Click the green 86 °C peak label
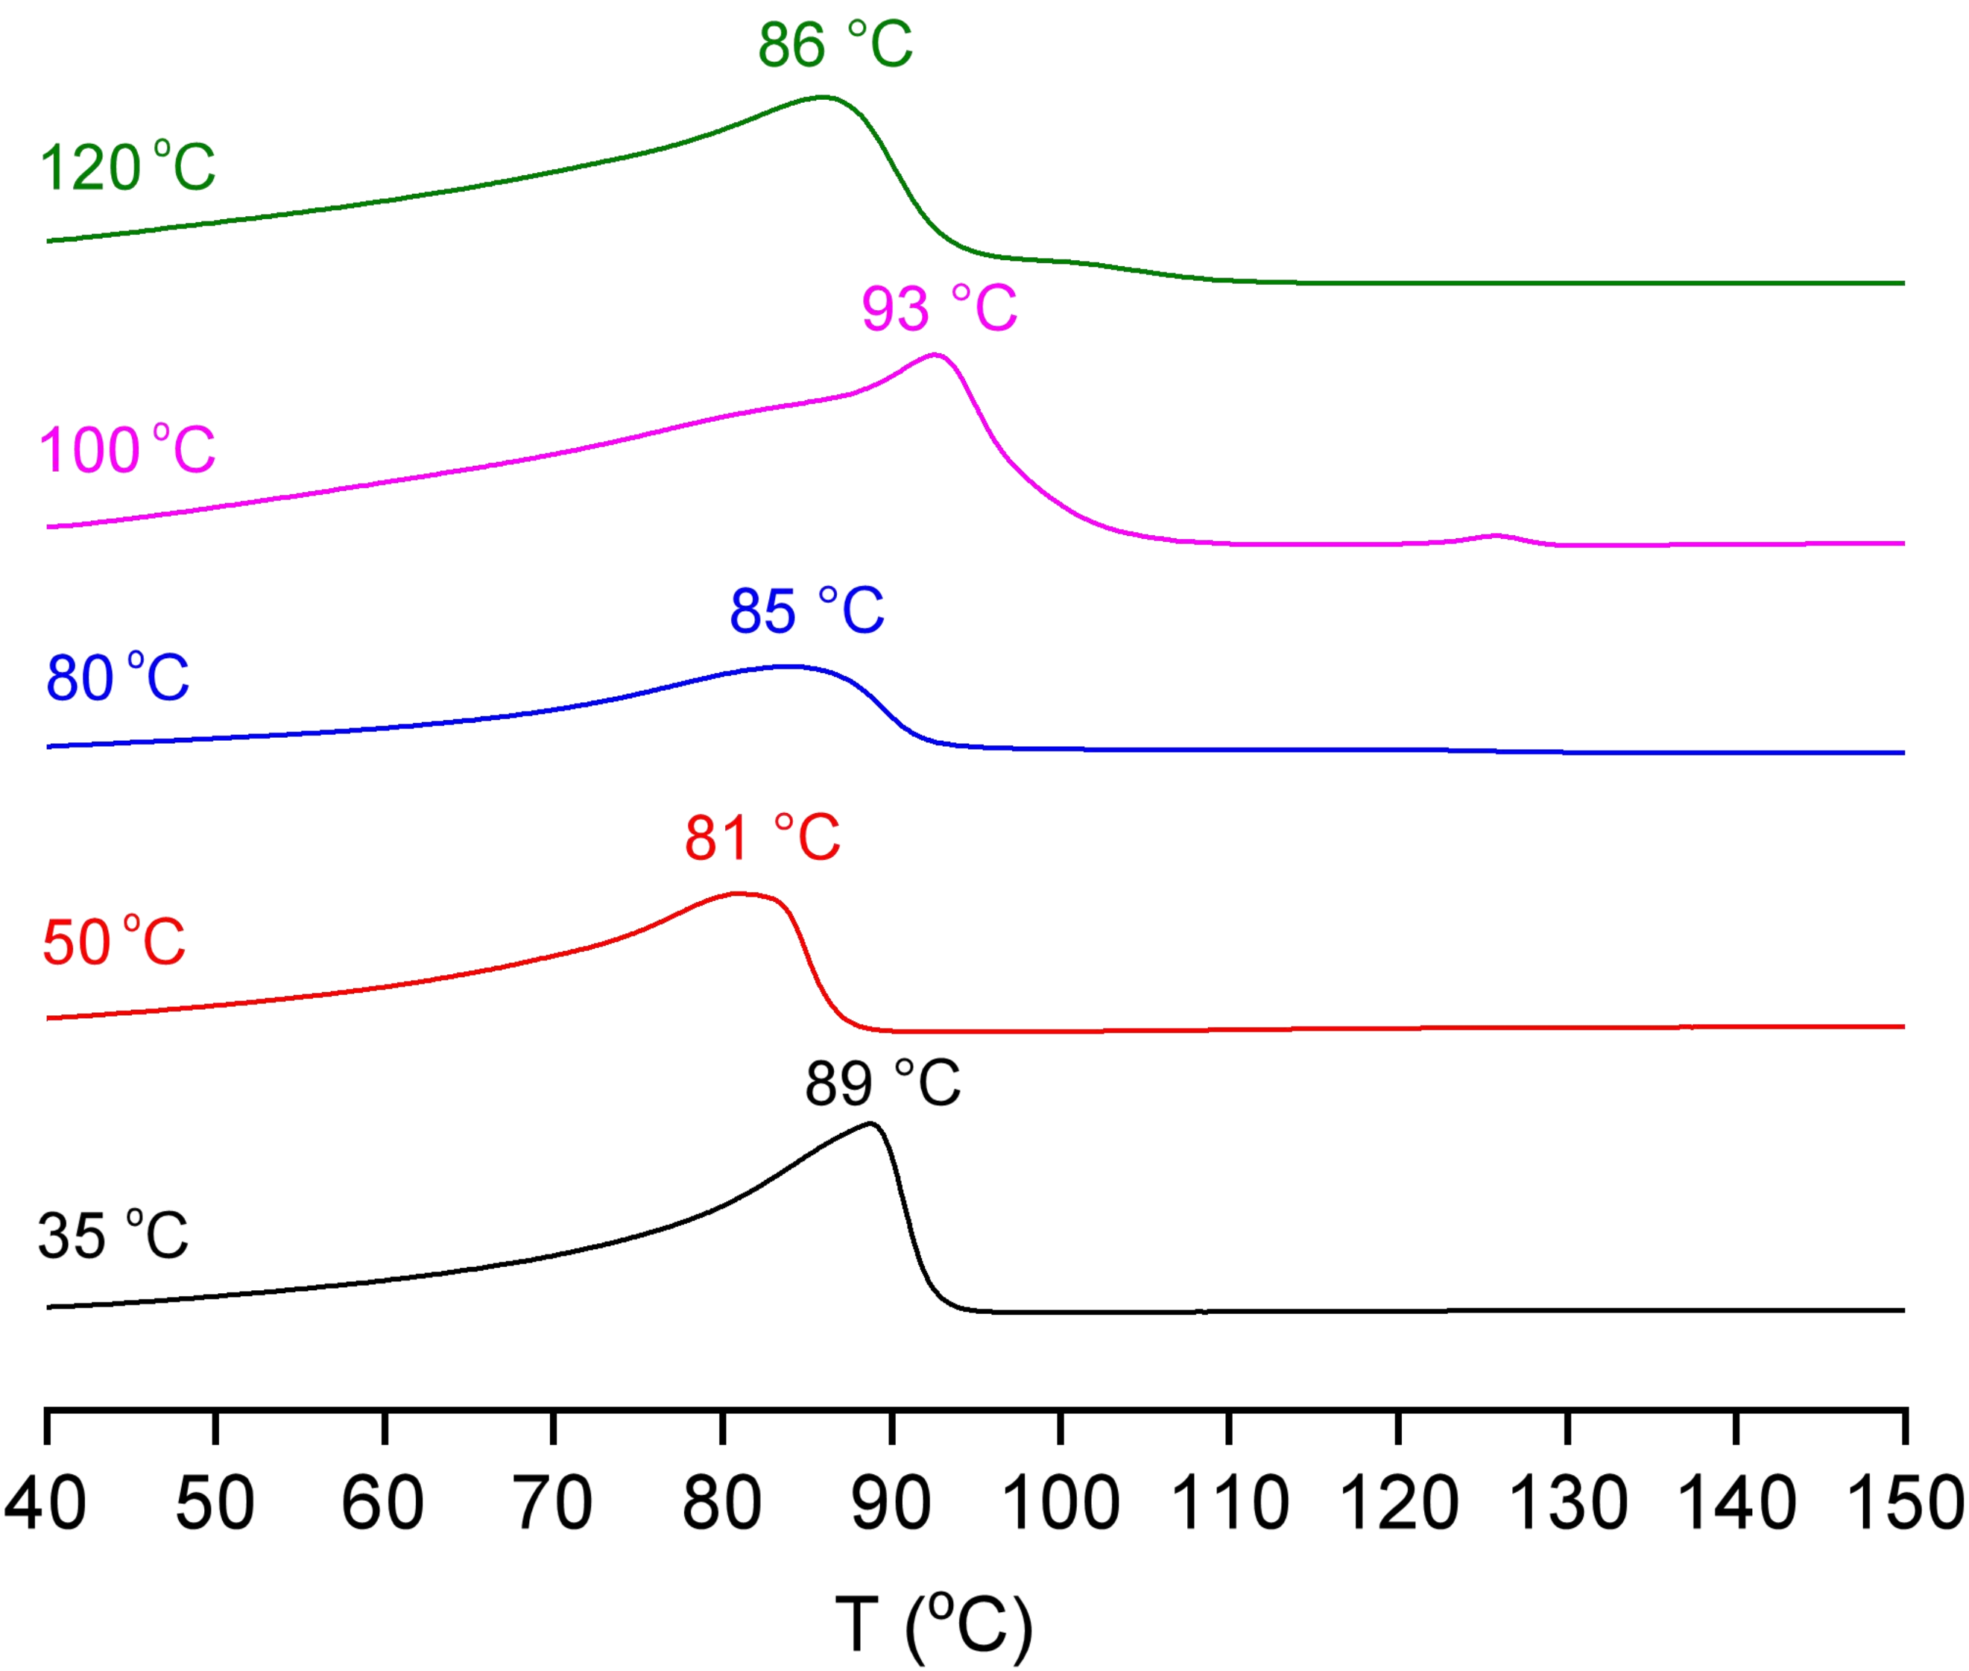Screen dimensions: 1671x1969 coord(835,45)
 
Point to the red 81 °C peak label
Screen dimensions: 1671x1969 coord(762,838)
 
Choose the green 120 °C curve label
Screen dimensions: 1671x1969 coord(128,168)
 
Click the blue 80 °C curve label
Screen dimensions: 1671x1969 coord(118,678)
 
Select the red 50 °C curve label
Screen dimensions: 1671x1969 coord(113,943)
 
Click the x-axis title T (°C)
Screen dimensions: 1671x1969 coord(933,1625)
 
